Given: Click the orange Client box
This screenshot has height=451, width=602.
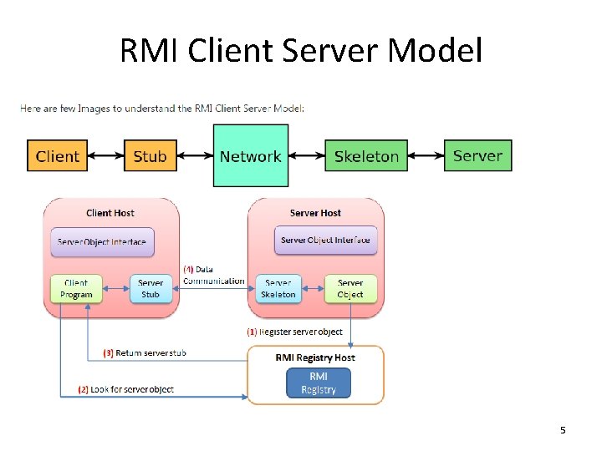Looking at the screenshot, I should (58, 156).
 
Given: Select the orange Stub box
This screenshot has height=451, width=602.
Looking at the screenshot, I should (150, 156).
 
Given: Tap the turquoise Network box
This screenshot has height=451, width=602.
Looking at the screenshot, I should (250, 156).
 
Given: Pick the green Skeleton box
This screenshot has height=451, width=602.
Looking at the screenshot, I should (366, 156).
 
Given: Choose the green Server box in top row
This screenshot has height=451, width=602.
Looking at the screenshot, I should (477, 156).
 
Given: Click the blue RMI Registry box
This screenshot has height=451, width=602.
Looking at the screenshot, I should (318, 383).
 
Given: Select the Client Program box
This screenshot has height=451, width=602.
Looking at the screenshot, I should (76, 289).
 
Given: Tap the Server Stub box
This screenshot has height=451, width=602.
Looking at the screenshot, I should (150, 289).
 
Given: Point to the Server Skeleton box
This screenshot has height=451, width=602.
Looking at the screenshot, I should (278, 289).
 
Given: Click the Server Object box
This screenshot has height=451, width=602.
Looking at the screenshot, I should (350, 289).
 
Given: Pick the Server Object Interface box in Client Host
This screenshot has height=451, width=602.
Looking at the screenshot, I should (102, 242).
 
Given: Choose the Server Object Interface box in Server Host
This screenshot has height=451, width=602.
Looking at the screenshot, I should (325, 241).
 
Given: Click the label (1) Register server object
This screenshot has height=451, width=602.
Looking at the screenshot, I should (294, 332).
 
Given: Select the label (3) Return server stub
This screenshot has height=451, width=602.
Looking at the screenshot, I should (144, 353).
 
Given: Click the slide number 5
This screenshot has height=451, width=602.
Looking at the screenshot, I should (563, 430).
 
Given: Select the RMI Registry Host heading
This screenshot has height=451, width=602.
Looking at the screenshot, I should (315, 357).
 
